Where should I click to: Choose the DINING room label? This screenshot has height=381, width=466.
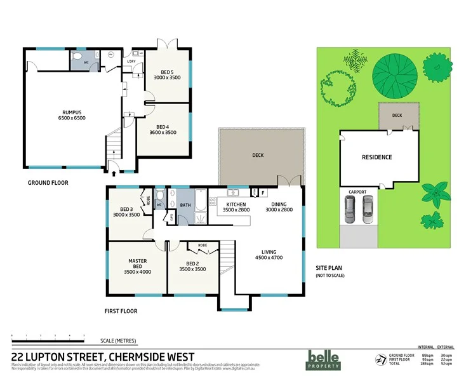[278, 204]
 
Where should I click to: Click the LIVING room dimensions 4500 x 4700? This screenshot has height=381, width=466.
[269, 257]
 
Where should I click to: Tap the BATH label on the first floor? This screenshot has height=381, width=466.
[185, 205]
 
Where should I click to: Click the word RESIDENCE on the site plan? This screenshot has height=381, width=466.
[376, 157]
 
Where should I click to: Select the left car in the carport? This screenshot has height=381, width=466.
[350, 210]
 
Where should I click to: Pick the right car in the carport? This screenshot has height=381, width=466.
[368, 210]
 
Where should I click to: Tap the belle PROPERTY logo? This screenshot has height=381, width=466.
[324, 359]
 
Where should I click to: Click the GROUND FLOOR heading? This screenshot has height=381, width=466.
[48, 182]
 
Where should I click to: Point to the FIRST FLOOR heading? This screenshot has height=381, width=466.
[121, 311]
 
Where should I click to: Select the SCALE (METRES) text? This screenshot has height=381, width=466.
[117, 341]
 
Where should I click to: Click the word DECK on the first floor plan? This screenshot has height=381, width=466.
[257, 155]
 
